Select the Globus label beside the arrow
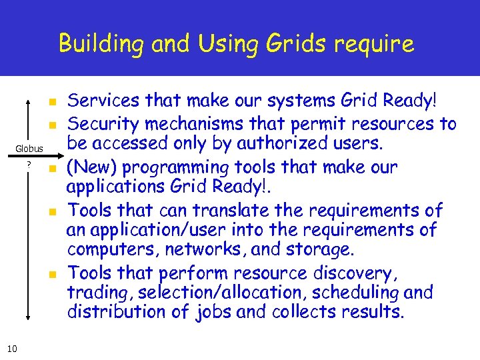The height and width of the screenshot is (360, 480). (x=30, y=149)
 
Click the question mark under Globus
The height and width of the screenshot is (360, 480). (x=29, y=165)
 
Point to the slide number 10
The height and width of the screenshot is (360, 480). (x=12, y=348)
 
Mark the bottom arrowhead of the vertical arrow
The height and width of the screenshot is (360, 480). (x=29, y=319)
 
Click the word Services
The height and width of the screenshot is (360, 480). (x=99, y=101)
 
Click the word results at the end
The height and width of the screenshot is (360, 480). (x=375, y=312)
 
